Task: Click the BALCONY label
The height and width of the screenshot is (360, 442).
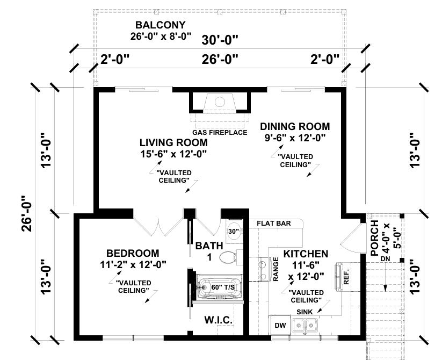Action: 161,25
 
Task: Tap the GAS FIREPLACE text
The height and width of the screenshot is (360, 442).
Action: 220,133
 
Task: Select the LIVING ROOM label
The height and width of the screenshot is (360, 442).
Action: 173,142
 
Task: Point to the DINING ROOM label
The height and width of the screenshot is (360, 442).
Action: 295,127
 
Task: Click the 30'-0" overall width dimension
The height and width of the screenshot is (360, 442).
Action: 220,40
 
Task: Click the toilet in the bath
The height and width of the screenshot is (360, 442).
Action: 230,257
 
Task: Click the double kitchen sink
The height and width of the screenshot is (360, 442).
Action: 305,326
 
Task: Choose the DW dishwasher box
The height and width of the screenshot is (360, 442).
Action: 280,325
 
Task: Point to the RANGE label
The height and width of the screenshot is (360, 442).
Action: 276,269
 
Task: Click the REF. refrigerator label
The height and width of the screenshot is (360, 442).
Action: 346,277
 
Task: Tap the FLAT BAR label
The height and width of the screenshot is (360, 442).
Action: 274,224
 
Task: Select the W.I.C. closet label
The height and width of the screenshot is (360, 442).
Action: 219,320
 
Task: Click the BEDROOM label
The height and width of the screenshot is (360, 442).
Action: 133,253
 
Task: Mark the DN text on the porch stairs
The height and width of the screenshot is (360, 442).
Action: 386,258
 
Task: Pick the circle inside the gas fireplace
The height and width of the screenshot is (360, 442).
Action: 220,102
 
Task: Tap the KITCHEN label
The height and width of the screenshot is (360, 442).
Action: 306,254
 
